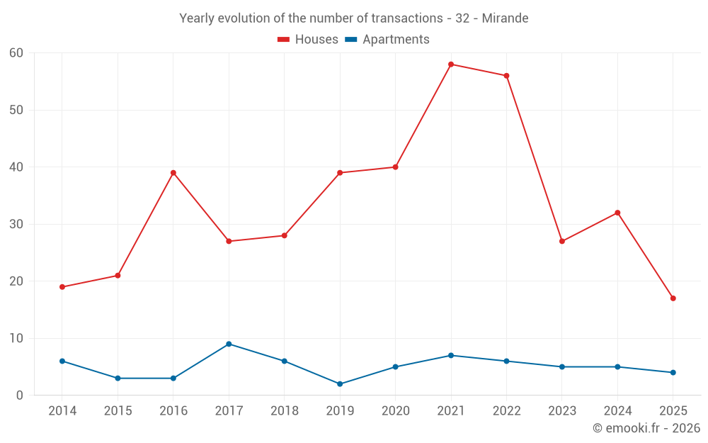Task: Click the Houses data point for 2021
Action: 451,65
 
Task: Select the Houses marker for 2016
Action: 173,173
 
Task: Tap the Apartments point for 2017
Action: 229,344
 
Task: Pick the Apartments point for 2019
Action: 340,384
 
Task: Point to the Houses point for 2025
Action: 673,298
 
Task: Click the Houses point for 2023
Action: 562,241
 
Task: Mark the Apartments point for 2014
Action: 62,361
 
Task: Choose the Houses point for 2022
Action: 506,76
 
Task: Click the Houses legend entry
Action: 308,40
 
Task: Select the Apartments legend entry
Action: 387,40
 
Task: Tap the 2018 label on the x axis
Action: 285,410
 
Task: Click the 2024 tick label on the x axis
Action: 617,410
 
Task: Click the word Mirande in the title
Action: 505,18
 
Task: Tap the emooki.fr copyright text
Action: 646,428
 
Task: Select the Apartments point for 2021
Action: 451,355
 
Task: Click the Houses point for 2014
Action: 62,287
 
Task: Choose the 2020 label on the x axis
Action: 395,410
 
